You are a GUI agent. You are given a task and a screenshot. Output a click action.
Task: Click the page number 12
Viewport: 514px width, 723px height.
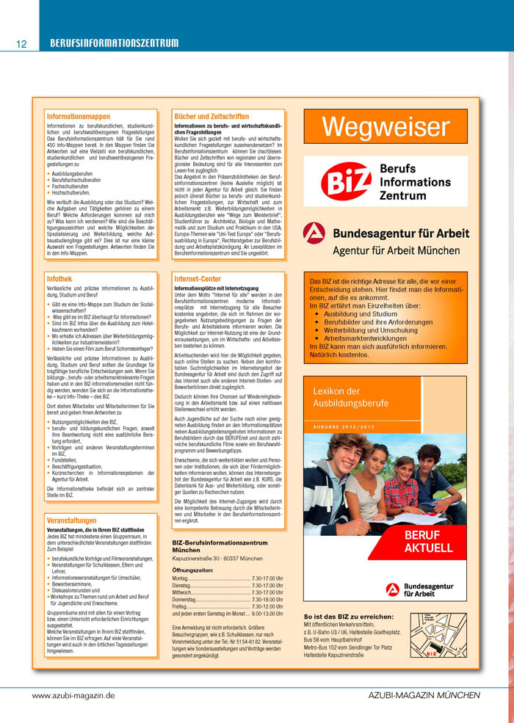[21, 44]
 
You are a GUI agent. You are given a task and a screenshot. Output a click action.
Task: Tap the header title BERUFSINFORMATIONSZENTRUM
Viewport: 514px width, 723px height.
[114, 43]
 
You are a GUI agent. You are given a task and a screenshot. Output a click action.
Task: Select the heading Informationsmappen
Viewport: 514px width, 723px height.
[79, 116]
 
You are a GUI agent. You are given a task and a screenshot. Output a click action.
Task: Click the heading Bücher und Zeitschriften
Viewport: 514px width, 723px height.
[211, 116]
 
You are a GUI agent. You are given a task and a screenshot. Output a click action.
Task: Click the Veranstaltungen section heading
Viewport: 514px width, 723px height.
[72, 499]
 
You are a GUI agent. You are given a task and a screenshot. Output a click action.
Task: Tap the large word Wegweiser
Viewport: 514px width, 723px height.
[385, 127]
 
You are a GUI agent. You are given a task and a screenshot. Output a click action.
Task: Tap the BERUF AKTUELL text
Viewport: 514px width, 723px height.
[428, 542]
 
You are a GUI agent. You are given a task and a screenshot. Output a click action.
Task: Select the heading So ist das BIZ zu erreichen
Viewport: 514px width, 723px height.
[349, 616]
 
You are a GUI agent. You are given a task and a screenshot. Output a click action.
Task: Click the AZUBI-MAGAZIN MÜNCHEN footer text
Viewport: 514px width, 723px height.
[424, 695]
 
